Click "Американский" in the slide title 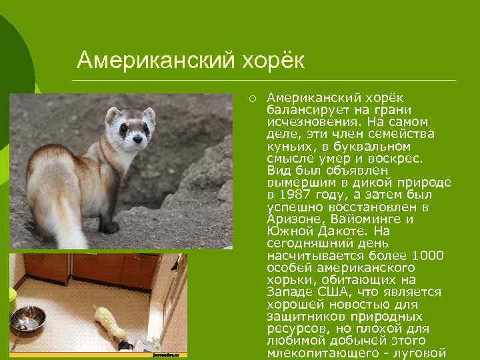155,61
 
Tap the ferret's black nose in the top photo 138,141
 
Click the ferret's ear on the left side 113,115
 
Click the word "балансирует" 300,110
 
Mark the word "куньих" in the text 287,146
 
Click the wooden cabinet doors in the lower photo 93,267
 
